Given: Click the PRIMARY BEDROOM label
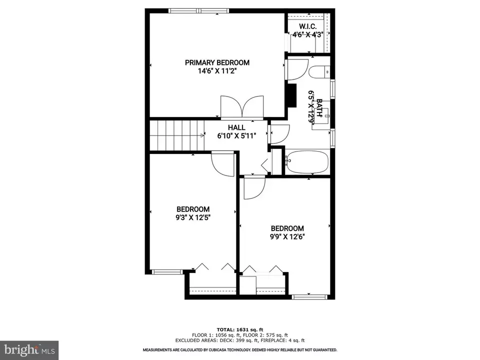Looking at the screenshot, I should (x=217, y=62).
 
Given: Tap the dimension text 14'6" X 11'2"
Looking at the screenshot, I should (x=217, y=71).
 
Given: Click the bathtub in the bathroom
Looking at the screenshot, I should (x=306, y=161).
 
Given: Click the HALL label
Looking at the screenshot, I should (x=236, y=127).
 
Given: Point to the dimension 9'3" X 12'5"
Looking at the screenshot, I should (x=192, y=217).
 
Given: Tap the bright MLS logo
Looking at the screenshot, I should (x=29, y=349).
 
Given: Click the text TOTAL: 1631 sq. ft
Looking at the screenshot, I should (x=240, y=330).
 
